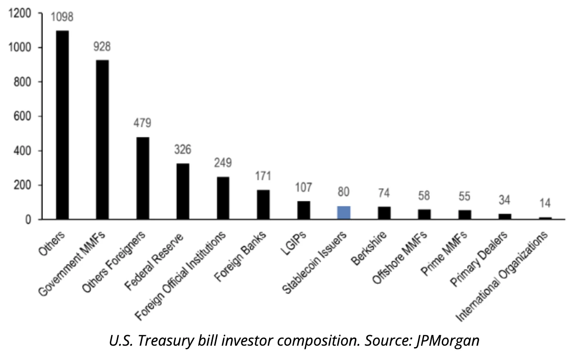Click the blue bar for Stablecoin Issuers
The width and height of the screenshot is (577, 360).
(344, 213)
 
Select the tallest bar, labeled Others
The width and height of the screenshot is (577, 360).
(62, 125)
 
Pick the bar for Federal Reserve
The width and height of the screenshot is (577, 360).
(183, 191)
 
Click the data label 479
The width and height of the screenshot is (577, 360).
(143, 123)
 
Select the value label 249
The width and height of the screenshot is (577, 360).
(222, 163)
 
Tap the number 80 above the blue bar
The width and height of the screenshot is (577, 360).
(344, 192)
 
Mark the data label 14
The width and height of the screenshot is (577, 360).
(545, 203)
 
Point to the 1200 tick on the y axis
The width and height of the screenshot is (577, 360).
(22, 13)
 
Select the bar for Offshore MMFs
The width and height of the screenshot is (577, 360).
(424, 214)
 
